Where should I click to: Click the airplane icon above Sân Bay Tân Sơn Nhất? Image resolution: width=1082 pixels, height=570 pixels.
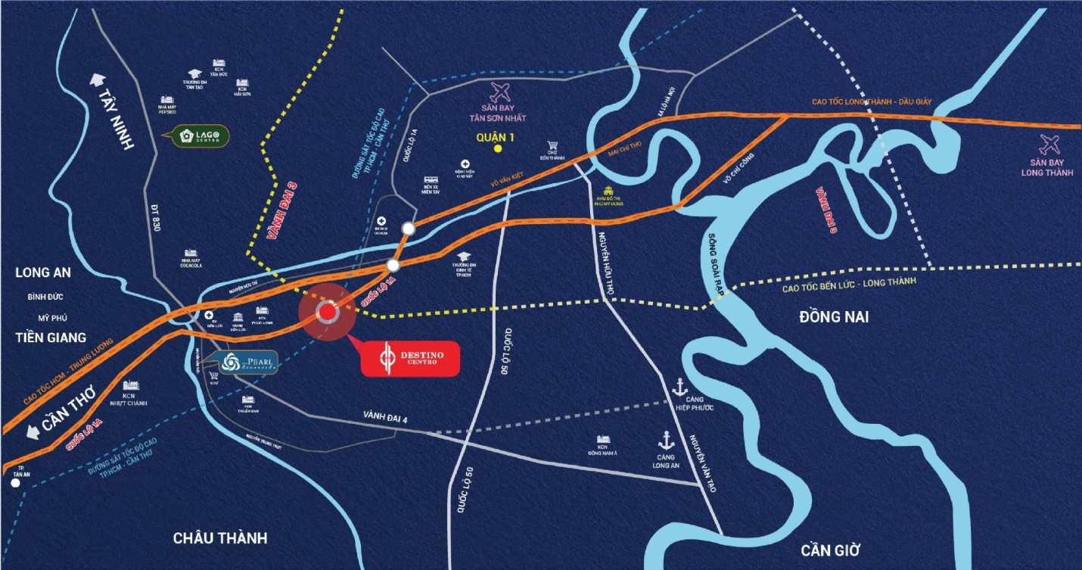499,93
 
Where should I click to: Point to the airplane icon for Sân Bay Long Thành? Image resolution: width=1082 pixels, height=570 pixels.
1051,144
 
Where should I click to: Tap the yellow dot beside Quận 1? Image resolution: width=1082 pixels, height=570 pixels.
498,149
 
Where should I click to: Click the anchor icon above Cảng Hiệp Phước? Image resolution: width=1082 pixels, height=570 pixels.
679,386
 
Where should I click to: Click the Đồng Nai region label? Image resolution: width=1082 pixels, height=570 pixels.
834,317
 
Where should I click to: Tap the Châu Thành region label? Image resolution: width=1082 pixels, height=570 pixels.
220,538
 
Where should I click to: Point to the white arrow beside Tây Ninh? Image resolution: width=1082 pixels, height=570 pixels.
98,80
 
